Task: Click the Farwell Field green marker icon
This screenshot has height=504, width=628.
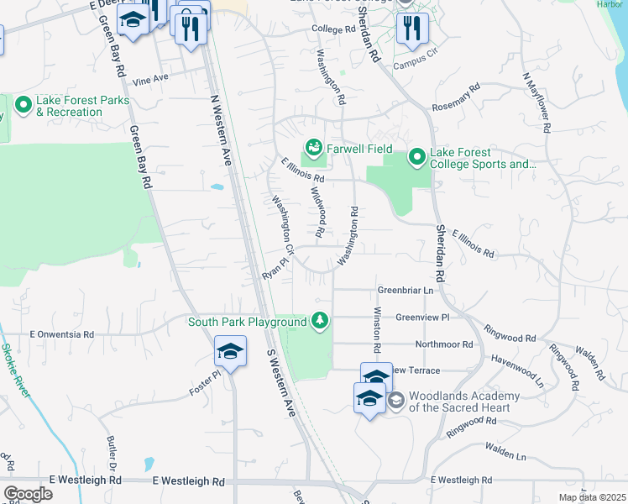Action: (314, 149)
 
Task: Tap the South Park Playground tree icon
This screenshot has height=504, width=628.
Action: (319, 321)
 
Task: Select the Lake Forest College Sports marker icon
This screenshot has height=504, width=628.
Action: (417, 157)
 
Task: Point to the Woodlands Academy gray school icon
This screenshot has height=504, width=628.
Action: (396, 400)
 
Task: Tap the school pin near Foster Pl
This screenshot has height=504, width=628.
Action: (230, 353)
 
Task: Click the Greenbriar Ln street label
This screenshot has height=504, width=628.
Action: (405, 291)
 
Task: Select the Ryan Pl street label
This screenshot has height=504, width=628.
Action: (275, 269)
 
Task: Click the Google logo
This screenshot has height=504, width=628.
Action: (29, 494)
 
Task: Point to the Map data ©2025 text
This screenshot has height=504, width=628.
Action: (592, 497)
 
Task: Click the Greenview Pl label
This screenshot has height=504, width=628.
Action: (422, 318)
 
